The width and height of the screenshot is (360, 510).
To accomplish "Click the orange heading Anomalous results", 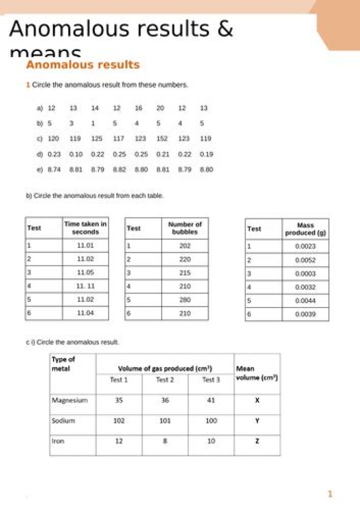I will point(82,65).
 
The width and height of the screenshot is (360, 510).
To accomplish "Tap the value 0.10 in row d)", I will point(75,154).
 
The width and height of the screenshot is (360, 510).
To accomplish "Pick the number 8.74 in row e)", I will point(54,170).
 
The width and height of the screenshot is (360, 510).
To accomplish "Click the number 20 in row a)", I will point(160,108).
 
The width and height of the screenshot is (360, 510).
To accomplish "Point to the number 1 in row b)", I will point(93,123).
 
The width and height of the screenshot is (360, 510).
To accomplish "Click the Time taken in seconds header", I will point(85,228).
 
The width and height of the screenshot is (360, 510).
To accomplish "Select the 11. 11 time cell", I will point(85,286).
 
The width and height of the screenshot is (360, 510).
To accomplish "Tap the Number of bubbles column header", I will point(185,228).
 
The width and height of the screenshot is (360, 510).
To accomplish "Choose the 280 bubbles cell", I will point(185,300).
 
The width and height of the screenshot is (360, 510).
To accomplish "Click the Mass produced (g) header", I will point(305,229).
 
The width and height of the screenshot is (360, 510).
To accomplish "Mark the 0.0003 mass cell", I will point(305,274).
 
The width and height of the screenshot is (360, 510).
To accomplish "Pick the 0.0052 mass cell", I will point(305,260).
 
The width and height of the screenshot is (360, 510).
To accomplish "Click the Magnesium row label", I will point(69,400).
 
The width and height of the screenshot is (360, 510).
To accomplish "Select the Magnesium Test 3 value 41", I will point(211,400).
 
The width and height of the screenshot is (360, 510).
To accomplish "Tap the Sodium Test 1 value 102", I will point(119,421).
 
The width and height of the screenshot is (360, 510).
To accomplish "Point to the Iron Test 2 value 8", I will point(165,441).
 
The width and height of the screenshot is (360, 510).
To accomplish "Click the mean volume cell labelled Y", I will point(257,421).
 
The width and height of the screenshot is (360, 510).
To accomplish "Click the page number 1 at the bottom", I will point(330,494).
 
